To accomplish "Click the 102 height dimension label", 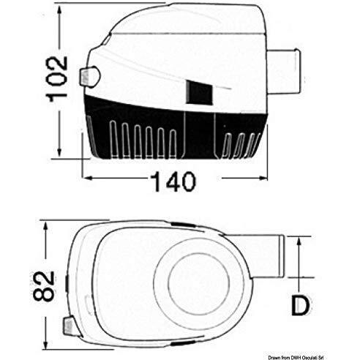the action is (56, 78).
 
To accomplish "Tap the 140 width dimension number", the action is (173, 181).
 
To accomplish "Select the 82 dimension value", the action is (44, 285).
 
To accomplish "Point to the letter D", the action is (301, 305).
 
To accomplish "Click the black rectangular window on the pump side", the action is (199, 93).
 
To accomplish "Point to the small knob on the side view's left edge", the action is (89, 77).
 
